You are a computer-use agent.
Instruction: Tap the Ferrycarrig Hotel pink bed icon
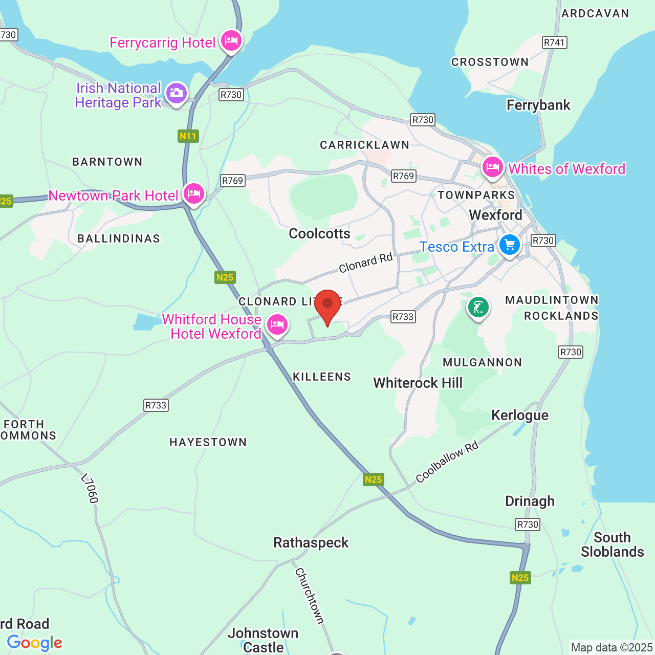[231, 40]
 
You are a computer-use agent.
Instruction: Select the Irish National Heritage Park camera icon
[177, 93]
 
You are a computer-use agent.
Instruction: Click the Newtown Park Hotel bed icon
[194, 194]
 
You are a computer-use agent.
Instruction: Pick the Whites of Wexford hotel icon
[493, 167]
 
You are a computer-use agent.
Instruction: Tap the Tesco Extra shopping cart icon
[510, 245]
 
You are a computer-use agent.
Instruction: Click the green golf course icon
[478, 308]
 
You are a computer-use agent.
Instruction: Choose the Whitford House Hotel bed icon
[277, 324]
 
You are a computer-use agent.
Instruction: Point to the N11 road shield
[188, 136]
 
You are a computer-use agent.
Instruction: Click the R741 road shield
[555, 42]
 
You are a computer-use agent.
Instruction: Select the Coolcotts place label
[320, 234]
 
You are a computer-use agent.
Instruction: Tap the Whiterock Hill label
[418, 383]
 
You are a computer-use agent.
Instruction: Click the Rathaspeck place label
[311, 542]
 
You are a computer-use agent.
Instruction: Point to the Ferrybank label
[538, 105]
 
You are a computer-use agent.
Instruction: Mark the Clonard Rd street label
[365, 263]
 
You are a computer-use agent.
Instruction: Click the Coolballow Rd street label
[447, 462]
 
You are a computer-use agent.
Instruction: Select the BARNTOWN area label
[107, 162]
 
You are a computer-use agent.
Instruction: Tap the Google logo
[35, 643]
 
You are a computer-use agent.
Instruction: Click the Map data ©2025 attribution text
[612, 648]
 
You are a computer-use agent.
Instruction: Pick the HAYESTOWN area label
[208, 442]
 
